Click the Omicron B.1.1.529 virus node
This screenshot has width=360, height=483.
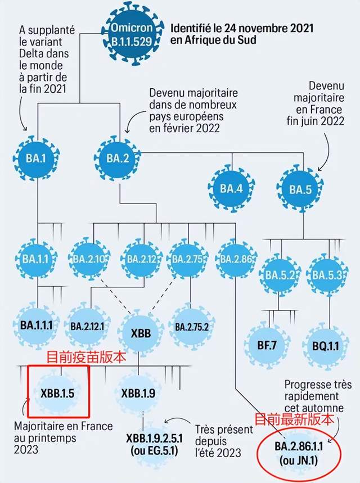(x=132, y=34)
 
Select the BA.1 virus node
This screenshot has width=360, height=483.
(x=36, y=159)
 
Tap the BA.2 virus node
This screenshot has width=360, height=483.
(x=118, y=159)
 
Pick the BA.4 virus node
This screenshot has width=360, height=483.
(x=232, y=188)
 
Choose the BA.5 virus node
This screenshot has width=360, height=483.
(x=300, y=189)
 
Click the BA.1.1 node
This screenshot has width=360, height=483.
(x=36, y=259)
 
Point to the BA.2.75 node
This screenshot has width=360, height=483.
(x=187, y=259)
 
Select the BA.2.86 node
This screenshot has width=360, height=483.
(x=236, y=259)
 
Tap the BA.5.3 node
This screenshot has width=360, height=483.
(x=327, y=274)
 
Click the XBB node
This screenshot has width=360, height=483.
(x=141, y=333)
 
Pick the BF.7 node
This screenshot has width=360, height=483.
(x=267, y=345)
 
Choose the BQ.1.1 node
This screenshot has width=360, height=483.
(x=326, y=346)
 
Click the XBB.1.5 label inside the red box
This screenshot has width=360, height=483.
(x=57, y=393)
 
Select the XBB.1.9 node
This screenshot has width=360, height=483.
(x=138, y=393)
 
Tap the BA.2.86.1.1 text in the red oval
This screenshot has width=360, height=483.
(x=299, y=446)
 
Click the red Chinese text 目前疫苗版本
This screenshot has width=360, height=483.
(x=86, y=357)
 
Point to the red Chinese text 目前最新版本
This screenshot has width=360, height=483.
(x=294, y=419)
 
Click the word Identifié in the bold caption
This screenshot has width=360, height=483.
(x=191, y=28)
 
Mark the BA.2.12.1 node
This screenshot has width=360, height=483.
(x=87, y=326)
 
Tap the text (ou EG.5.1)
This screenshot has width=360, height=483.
(x=155, y=451)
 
